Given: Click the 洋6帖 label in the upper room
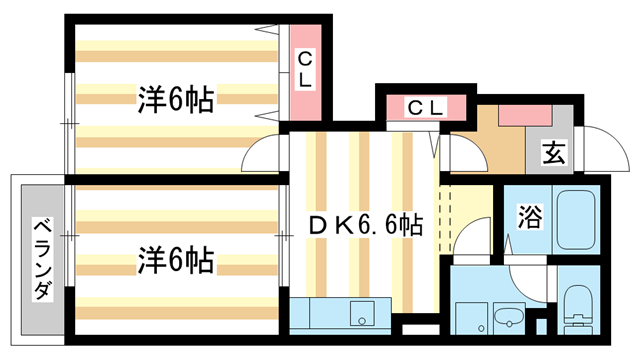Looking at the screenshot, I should pos(175,99).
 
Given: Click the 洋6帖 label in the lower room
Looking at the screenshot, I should pos(175,261).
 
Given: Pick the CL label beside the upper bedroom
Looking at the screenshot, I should pos(305,71).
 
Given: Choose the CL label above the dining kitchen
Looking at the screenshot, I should pos(426,106).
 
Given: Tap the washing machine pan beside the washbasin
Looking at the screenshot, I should pos(471,317).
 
